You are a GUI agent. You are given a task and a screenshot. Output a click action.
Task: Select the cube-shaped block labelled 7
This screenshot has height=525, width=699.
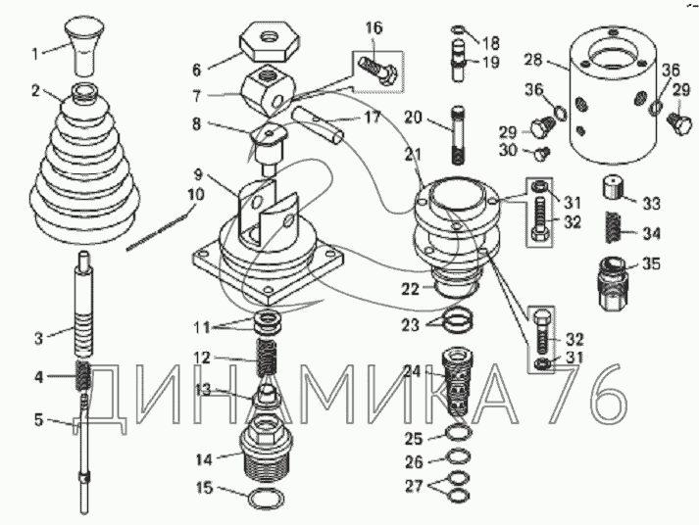click(x=269, y=89)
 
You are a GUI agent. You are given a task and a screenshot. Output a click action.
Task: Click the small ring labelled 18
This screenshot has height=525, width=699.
click(x=459, y=30)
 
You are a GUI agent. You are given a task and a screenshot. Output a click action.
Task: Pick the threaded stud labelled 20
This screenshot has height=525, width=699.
click(x=458, y=135)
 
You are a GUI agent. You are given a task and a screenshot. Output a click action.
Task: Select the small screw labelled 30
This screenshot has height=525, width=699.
click(x=542, y=154)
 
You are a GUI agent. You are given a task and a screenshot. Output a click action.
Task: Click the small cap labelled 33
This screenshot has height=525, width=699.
click(x=613, y=187)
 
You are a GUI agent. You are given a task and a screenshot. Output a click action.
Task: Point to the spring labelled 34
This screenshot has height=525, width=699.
click(x=613, y=226)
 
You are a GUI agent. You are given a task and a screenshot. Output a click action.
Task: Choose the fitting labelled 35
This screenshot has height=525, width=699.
click(x=613, y=283)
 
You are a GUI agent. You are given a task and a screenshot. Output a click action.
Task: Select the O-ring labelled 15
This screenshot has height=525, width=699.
click(x=266, y=498)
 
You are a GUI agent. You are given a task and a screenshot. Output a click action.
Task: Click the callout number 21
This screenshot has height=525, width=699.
click(x=413, y=156)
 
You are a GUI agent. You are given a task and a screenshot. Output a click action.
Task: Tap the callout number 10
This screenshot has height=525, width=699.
click(x=196, y=196)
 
